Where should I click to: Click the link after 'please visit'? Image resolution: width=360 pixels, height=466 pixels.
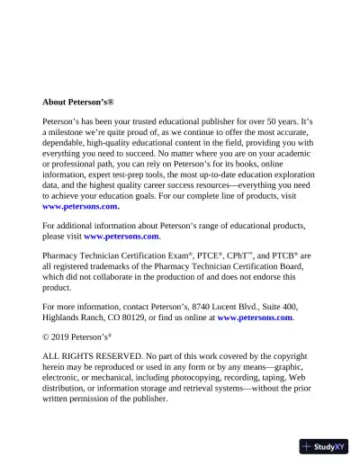pyautogui.click(x=121, y=237)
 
